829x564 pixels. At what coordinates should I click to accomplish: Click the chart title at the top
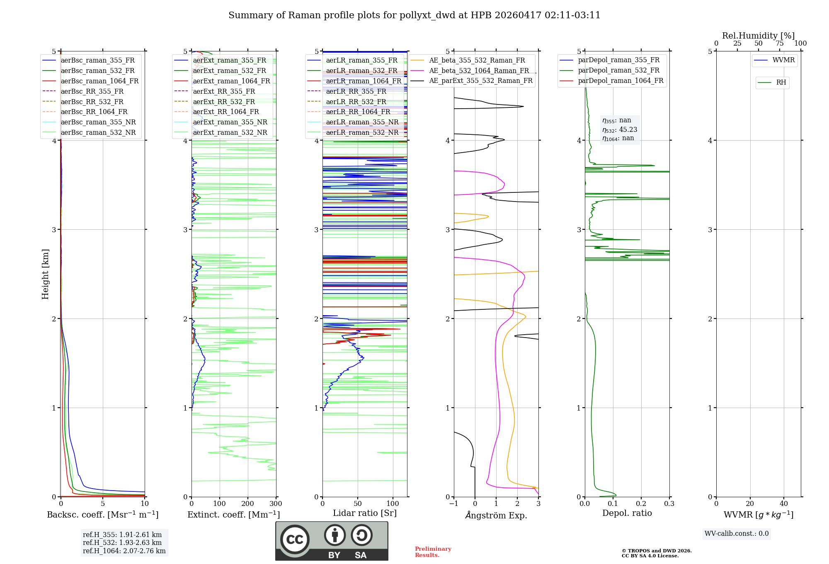pos(414,15)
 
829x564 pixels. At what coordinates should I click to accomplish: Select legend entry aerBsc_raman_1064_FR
pos(99,81)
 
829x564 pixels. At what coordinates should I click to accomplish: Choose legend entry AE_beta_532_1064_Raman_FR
pos(479,70)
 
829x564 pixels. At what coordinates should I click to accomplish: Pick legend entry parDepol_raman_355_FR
pos(618,60)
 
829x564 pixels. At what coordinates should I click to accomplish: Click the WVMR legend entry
pos(783,60)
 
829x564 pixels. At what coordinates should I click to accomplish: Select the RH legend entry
pos(781,83)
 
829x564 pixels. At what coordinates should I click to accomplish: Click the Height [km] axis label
pos(45,274)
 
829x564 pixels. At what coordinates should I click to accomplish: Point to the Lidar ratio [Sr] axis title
pos(365,513)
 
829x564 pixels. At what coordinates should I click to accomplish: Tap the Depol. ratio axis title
pos(627,513)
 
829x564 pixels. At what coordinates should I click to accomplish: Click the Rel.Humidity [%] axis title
pos(758,36)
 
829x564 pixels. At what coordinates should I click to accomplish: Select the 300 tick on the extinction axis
pos(276,504)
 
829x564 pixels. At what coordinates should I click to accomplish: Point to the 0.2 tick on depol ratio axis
pos(641,504)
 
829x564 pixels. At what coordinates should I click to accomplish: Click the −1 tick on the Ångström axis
pos(453,504)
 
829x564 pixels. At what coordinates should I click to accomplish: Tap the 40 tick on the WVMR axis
pos(783,504)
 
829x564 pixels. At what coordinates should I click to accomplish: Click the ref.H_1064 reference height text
pos(124,551)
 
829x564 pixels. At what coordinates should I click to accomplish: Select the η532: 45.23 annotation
pos(620,129)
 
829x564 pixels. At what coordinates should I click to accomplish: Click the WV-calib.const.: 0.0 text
pos(737,534)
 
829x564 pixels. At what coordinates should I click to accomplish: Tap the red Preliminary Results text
pos(433,552)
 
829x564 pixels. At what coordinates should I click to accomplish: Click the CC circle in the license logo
pos(295,539)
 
